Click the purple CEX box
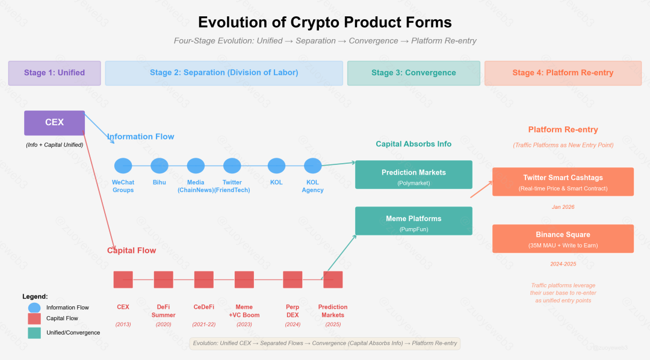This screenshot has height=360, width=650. click(54, 123)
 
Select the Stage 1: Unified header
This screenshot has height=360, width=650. click(54, 73)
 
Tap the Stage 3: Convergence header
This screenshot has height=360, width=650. click(413, 73)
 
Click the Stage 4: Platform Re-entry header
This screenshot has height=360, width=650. click(563, 73)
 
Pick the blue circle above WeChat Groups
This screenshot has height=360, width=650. click(123, 166)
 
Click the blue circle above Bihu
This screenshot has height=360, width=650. click(159, 166)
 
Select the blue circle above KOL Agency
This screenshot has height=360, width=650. click(312, 166)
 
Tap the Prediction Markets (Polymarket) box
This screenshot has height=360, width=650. click(413, 175)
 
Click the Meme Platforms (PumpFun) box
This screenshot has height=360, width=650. click(413, 221)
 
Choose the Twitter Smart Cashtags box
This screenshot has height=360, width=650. click(563, 182)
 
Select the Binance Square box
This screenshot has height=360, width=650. click(563, 238)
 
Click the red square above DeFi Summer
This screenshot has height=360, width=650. click(163, 279)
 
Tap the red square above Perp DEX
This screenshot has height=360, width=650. click(292, 279)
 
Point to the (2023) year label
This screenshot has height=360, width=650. click(244, 324)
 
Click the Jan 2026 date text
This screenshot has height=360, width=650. click(563, 207)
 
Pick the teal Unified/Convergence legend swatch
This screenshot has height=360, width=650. click(34, 333)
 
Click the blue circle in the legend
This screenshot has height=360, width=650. click(34, 308)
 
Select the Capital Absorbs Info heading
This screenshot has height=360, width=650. click(413, 144)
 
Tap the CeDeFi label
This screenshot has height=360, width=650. click(204, 307)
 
